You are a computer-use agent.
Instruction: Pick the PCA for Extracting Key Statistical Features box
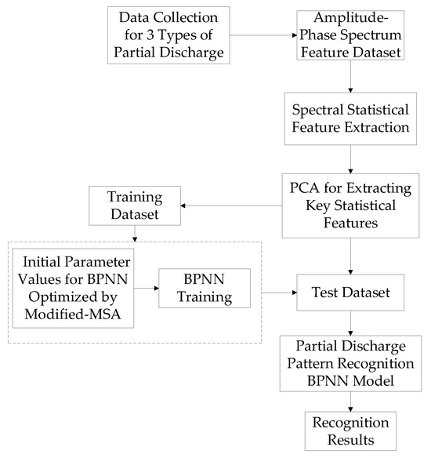350,206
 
